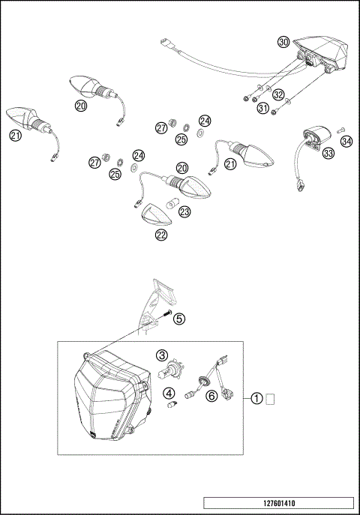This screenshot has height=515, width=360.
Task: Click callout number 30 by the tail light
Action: coord(283,42)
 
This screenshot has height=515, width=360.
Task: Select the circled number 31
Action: coord(263,109)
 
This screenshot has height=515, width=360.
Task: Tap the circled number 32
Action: coord(279,95)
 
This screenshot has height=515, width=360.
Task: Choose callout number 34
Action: coord(346,140)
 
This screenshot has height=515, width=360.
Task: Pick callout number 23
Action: coord(184,212)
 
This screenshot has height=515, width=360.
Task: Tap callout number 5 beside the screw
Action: coord(178,319)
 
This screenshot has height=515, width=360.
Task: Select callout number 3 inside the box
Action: coord(161,355)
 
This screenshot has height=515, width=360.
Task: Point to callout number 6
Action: coord(211,397)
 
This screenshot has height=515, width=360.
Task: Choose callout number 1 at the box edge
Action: coord(257,399)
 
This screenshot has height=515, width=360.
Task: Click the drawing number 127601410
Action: coord(277,503)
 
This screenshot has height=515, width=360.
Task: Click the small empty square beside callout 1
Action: coord(271,399)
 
